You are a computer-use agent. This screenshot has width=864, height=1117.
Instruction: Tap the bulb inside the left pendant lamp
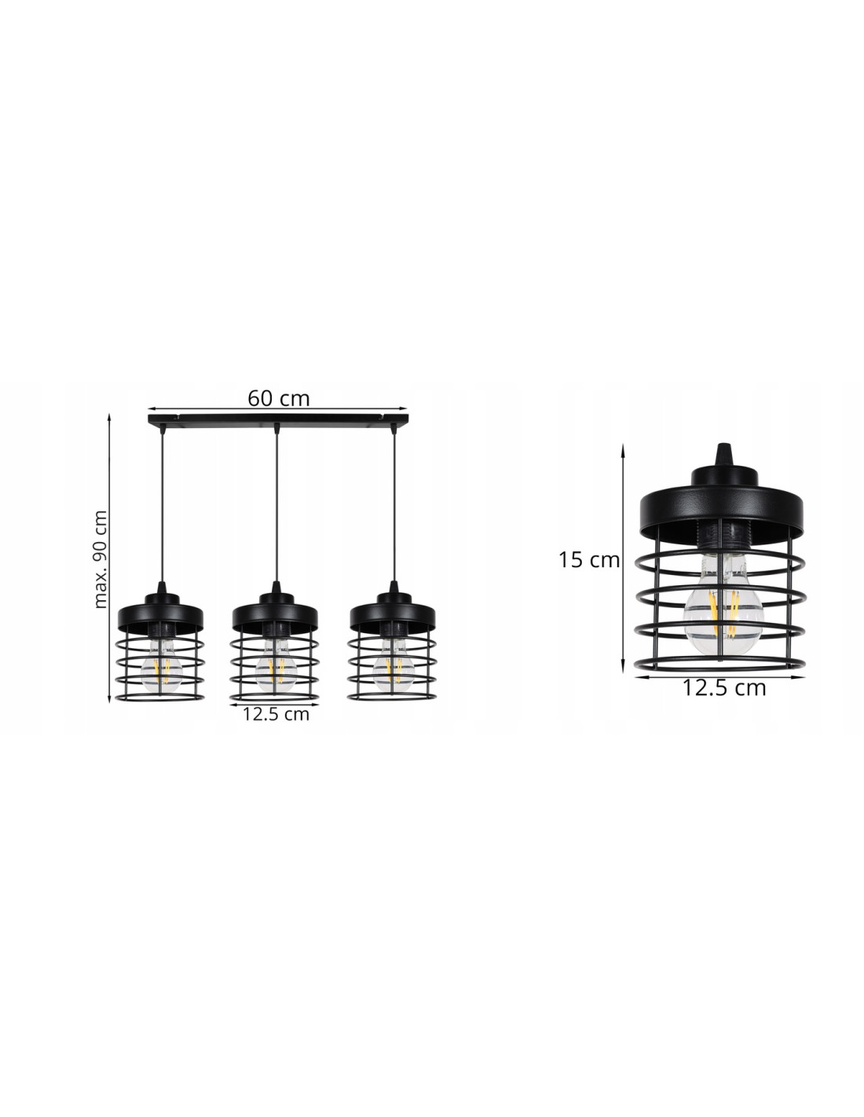(162, 665)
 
